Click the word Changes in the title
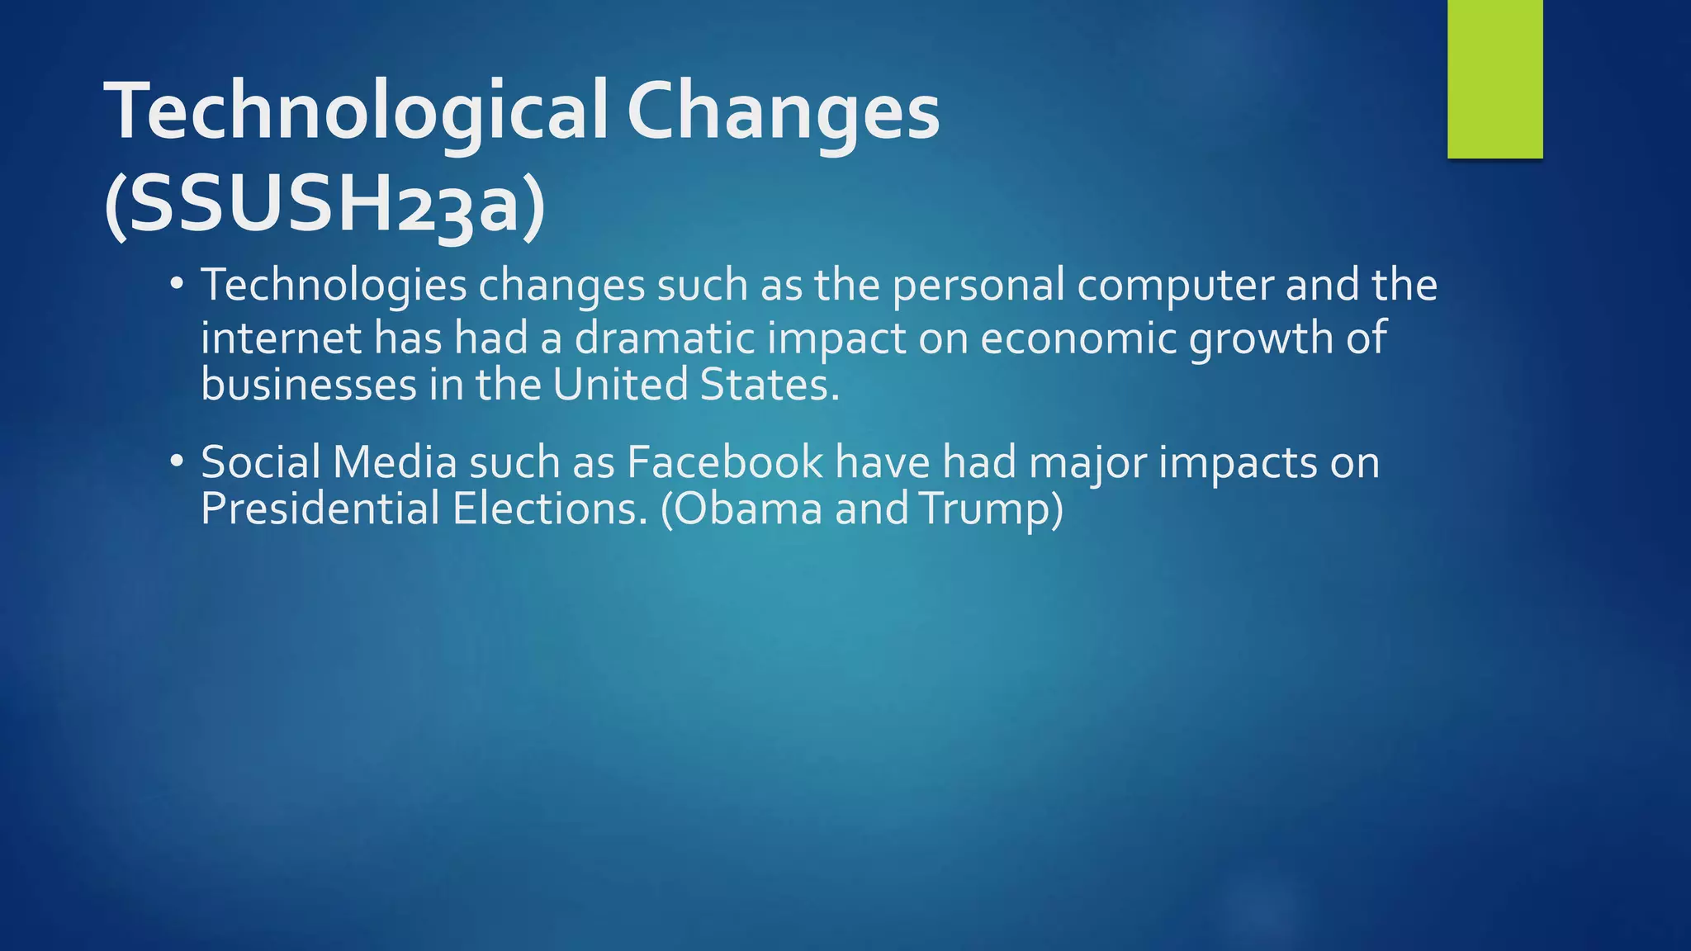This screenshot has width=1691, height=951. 783,113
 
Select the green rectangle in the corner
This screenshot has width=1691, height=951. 1494,78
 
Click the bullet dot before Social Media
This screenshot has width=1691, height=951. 175,461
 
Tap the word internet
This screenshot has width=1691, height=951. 281,338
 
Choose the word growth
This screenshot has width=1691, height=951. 1261,338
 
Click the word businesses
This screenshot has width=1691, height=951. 308,385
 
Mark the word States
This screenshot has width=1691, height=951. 769,385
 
